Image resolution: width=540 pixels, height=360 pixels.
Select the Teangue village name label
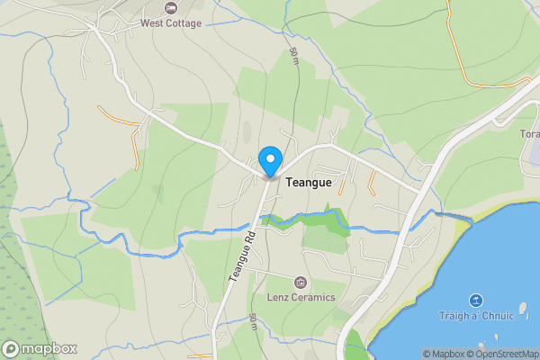pyautogui.click(x=309, y=182)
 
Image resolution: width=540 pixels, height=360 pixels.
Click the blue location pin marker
pyautogui.click(x=269, y=162)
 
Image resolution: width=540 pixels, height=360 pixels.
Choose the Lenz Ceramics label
pyautogui.click(x=301, y=297)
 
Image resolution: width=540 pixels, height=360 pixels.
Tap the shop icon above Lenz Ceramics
pyautogui.click(x=301, y=283)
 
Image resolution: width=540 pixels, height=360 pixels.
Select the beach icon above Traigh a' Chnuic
pyautogui.click(x=476, y=301)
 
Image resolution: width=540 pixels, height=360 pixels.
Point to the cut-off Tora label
pyautogui.click(x=529, y=135)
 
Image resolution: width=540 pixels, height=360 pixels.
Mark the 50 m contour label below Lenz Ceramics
pyautogui.click(x=254, y=322)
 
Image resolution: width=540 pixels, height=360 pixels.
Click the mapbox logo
pyautogui.click(x=40, y=348)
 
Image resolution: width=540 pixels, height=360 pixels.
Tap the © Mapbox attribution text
pyautogui.click(x=443, y=354)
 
